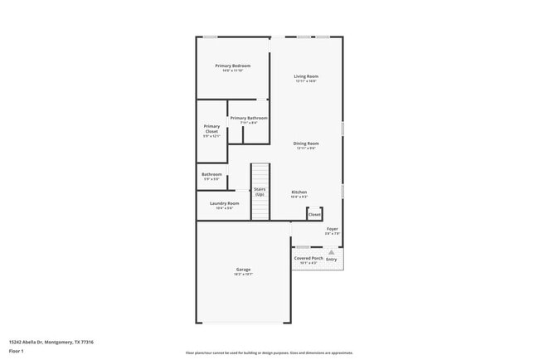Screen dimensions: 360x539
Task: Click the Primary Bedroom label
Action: coord(232,66)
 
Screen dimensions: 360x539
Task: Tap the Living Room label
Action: coord(306,76)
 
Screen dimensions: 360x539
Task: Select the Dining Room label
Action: coord(306,144)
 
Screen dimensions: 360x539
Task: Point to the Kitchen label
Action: coord(299,192)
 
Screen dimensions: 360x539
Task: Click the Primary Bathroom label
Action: coord(249,118)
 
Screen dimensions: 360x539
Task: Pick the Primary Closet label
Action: coord(211,129)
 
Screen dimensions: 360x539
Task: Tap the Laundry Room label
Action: coord(224,203)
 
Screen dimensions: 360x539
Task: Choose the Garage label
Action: coord(243,270)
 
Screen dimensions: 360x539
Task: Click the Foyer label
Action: coord(332,229)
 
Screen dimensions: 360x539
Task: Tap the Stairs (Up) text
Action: coord(260,192)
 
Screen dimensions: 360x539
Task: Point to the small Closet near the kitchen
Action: coord(314,214)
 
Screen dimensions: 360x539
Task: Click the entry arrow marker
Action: coord(330,251)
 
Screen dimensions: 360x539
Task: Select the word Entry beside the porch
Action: coord(332,260)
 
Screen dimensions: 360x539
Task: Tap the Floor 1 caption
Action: coord(16,352)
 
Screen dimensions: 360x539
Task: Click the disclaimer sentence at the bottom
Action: coord(269,353)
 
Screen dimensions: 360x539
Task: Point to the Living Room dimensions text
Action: coord(306,81)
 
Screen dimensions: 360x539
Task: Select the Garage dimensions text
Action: coord(243,275)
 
